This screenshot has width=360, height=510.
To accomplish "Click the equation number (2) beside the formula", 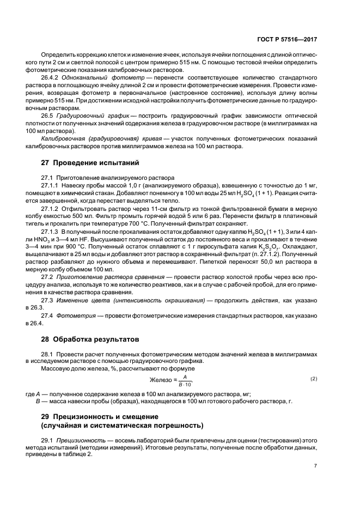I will (x=313, y=379).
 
